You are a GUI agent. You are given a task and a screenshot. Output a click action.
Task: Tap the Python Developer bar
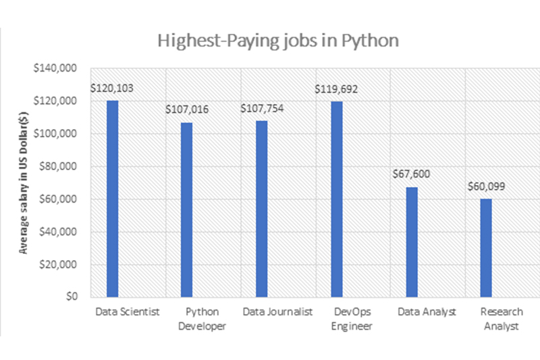[187, 209]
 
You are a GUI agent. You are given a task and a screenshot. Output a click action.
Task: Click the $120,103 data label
[113, 88]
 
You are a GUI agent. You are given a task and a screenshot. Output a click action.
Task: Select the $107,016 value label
[188, 109]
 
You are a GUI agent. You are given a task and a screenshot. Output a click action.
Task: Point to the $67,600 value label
[411, 174]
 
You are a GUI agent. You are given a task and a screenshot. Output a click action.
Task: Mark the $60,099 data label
[487, 186]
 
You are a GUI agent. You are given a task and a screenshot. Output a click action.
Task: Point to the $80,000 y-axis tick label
[59, 166]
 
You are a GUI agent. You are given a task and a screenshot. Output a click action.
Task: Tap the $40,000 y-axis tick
[59, 232]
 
